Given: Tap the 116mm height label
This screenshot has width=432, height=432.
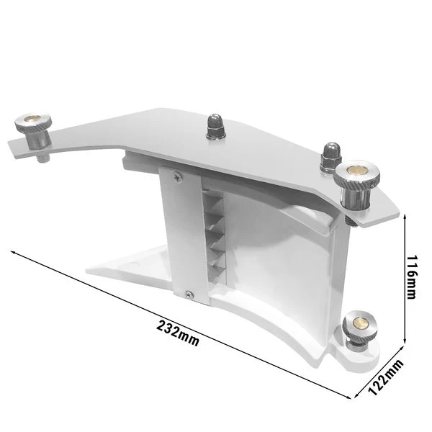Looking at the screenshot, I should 412,281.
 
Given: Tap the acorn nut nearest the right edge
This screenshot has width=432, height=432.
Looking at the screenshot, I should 330,154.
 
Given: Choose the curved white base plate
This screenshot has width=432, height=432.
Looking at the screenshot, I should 274,331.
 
